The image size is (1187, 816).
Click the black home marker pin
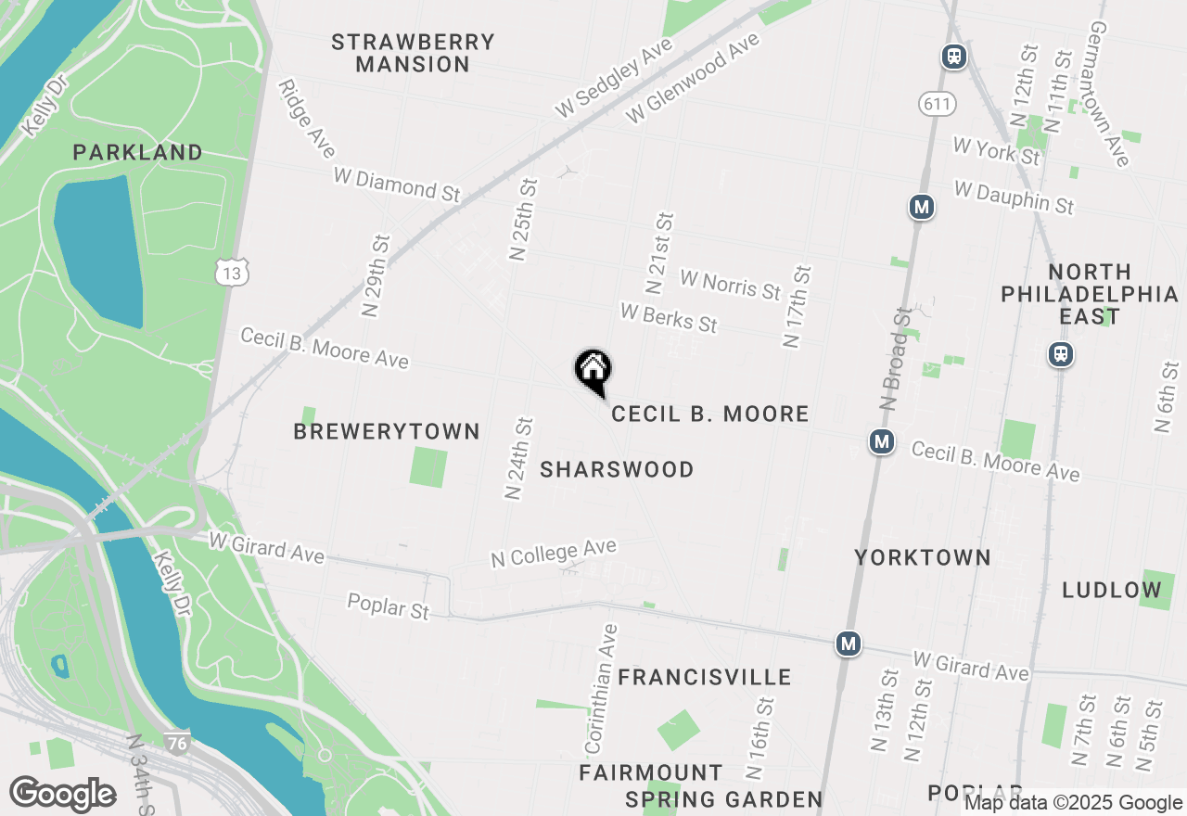pos(593,371)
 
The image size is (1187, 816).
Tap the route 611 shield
pos(937,104)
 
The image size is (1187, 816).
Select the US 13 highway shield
pos(231,272)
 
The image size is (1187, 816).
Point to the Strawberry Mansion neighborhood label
pos(413,54)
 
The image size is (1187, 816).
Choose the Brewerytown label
pos(387,432)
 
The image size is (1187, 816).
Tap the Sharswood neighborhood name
pos(617,470)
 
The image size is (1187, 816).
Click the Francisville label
pos(705,678)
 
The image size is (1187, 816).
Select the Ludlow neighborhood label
pos(1112,590)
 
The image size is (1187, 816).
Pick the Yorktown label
pos(923,557)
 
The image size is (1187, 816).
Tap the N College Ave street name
pos(554,554)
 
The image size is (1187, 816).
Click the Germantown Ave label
pos(1108,95)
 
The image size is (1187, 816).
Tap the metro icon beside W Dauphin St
pos(921,207)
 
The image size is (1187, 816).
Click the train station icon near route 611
pos(953,57)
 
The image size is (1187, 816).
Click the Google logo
pos(63,794)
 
